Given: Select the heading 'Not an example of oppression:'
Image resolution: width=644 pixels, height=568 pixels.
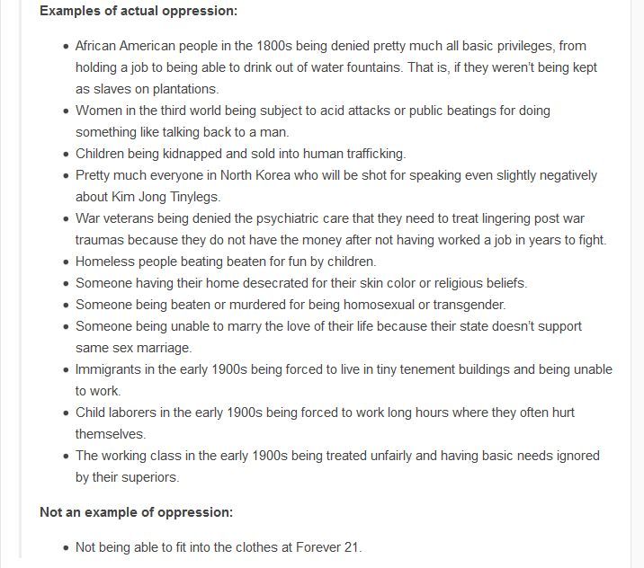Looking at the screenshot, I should coord(136,512).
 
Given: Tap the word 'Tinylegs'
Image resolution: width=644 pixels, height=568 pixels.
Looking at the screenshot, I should coord(188,197).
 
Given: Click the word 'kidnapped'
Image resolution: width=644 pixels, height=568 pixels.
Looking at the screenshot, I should coord(204,154).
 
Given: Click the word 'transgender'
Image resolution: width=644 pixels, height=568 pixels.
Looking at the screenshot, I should coord(468,305).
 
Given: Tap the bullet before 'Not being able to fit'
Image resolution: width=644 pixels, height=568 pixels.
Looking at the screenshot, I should coord(66,547).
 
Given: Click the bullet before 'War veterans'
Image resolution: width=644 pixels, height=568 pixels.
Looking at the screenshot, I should coord(66,218).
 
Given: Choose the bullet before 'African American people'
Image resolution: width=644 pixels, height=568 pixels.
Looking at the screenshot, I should coord(66,46).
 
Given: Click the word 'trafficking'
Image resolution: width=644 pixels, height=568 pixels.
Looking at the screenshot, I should coord(369,154).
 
